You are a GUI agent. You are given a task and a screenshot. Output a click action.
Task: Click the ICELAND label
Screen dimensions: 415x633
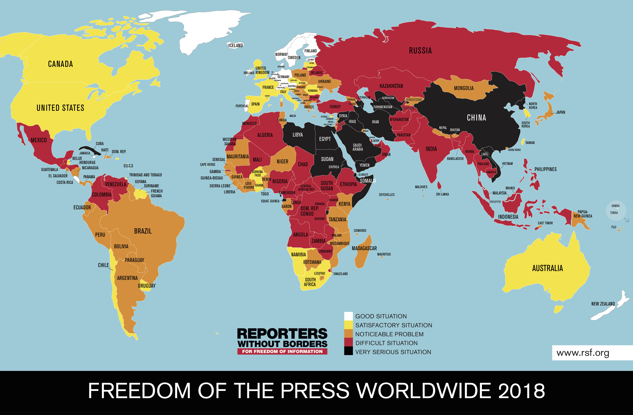[236, 45]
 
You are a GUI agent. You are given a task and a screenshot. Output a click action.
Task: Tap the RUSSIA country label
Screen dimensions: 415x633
[420, 50]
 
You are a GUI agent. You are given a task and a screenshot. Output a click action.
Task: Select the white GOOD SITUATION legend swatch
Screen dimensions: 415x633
[348, 316]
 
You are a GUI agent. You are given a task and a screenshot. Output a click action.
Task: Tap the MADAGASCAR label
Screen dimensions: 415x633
[364, 248]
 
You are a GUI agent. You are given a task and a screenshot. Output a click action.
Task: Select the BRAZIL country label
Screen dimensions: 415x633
[143, 231]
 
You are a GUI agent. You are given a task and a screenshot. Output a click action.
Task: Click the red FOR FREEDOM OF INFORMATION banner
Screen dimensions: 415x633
[282, 352]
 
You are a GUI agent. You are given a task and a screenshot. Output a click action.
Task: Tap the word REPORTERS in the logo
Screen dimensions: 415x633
[282, 334]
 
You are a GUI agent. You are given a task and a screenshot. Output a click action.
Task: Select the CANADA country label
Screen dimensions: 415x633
[60, 64]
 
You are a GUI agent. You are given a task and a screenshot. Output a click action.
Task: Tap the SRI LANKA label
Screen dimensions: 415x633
[442, 194]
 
